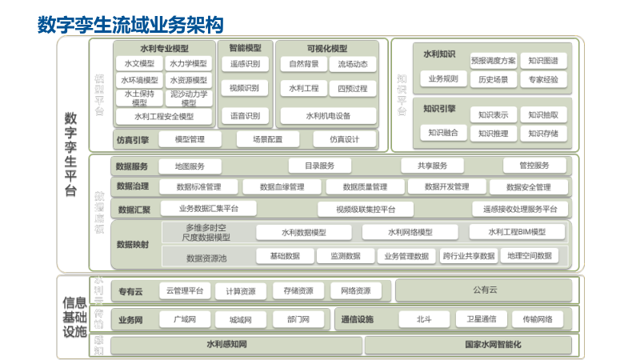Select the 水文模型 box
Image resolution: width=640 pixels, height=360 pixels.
[x=139, y=63]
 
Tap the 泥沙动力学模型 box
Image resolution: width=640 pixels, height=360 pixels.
[x=189, y=98]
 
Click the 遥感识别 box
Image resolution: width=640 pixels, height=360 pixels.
[x=245, y=63]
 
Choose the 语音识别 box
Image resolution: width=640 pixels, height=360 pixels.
[x=245, y=116]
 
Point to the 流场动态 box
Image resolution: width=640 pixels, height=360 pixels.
[x=352, y=64]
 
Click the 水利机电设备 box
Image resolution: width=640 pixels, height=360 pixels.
[x=328, y=116]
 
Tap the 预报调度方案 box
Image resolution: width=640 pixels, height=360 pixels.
[x=493, y=60]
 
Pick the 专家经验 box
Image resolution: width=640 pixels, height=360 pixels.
[x=543, y=79]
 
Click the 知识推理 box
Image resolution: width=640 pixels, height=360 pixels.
[x=493, y=133]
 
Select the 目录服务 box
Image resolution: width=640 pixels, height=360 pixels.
[x=319, y=166]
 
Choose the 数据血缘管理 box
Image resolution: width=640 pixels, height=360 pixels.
[x=282, y=187]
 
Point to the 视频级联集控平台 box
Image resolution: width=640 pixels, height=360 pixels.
[x=367, y=210]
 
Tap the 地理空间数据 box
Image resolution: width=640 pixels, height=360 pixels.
[x=529, y=256]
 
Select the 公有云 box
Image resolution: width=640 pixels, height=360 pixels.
[x=485, y=290]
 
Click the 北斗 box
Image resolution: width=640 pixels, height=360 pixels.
[x=423, y=319]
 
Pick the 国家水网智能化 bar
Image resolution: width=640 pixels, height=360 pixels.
[x=470, y=345]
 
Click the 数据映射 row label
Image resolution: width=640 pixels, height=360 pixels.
[x=133, y=244]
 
